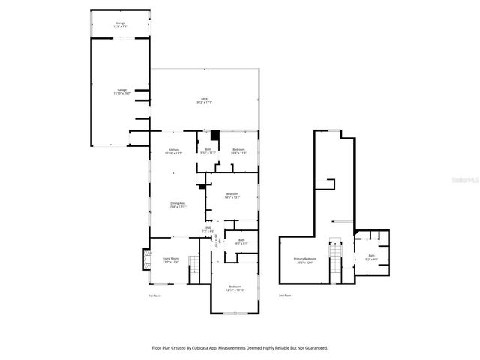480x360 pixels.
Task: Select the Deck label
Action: [202, 100]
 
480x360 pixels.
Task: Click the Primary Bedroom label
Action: [305, 260]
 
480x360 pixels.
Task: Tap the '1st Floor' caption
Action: [154, 295]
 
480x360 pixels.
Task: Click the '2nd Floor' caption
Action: [285, 295]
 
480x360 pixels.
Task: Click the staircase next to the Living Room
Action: [194, 264]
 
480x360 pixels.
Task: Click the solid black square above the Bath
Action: [214, 136]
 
